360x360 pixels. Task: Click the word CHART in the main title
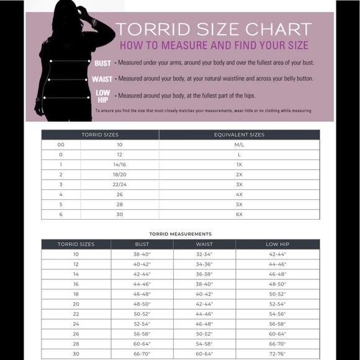pos(279,29)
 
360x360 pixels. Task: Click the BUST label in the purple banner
pos(102,63)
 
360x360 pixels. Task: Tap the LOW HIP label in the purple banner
pos(103,96)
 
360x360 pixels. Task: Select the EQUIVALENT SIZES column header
pos(239,135)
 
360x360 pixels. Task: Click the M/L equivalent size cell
pos(239,145)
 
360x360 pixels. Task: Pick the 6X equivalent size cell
pos(239,214)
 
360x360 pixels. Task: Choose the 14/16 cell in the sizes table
pos(120,164)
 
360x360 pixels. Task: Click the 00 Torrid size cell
pos(61,145)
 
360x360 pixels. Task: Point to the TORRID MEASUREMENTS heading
pos(181,234)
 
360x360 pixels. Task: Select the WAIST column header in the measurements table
pos(204,245)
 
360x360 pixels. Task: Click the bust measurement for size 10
pos(142,254)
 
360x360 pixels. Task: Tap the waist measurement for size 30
pos(204,354)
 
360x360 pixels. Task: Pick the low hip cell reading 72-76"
pos(277,354)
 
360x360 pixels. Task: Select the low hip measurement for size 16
pos(277,284)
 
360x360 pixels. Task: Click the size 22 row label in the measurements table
pos(76,314)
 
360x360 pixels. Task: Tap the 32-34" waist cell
pos(204,254)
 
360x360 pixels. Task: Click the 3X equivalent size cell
pos(239,184)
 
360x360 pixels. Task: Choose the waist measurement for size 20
pos(204,304)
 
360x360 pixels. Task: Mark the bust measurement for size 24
pos(142,324)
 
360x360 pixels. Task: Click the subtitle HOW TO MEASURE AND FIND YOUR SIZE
pos(214,45)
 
